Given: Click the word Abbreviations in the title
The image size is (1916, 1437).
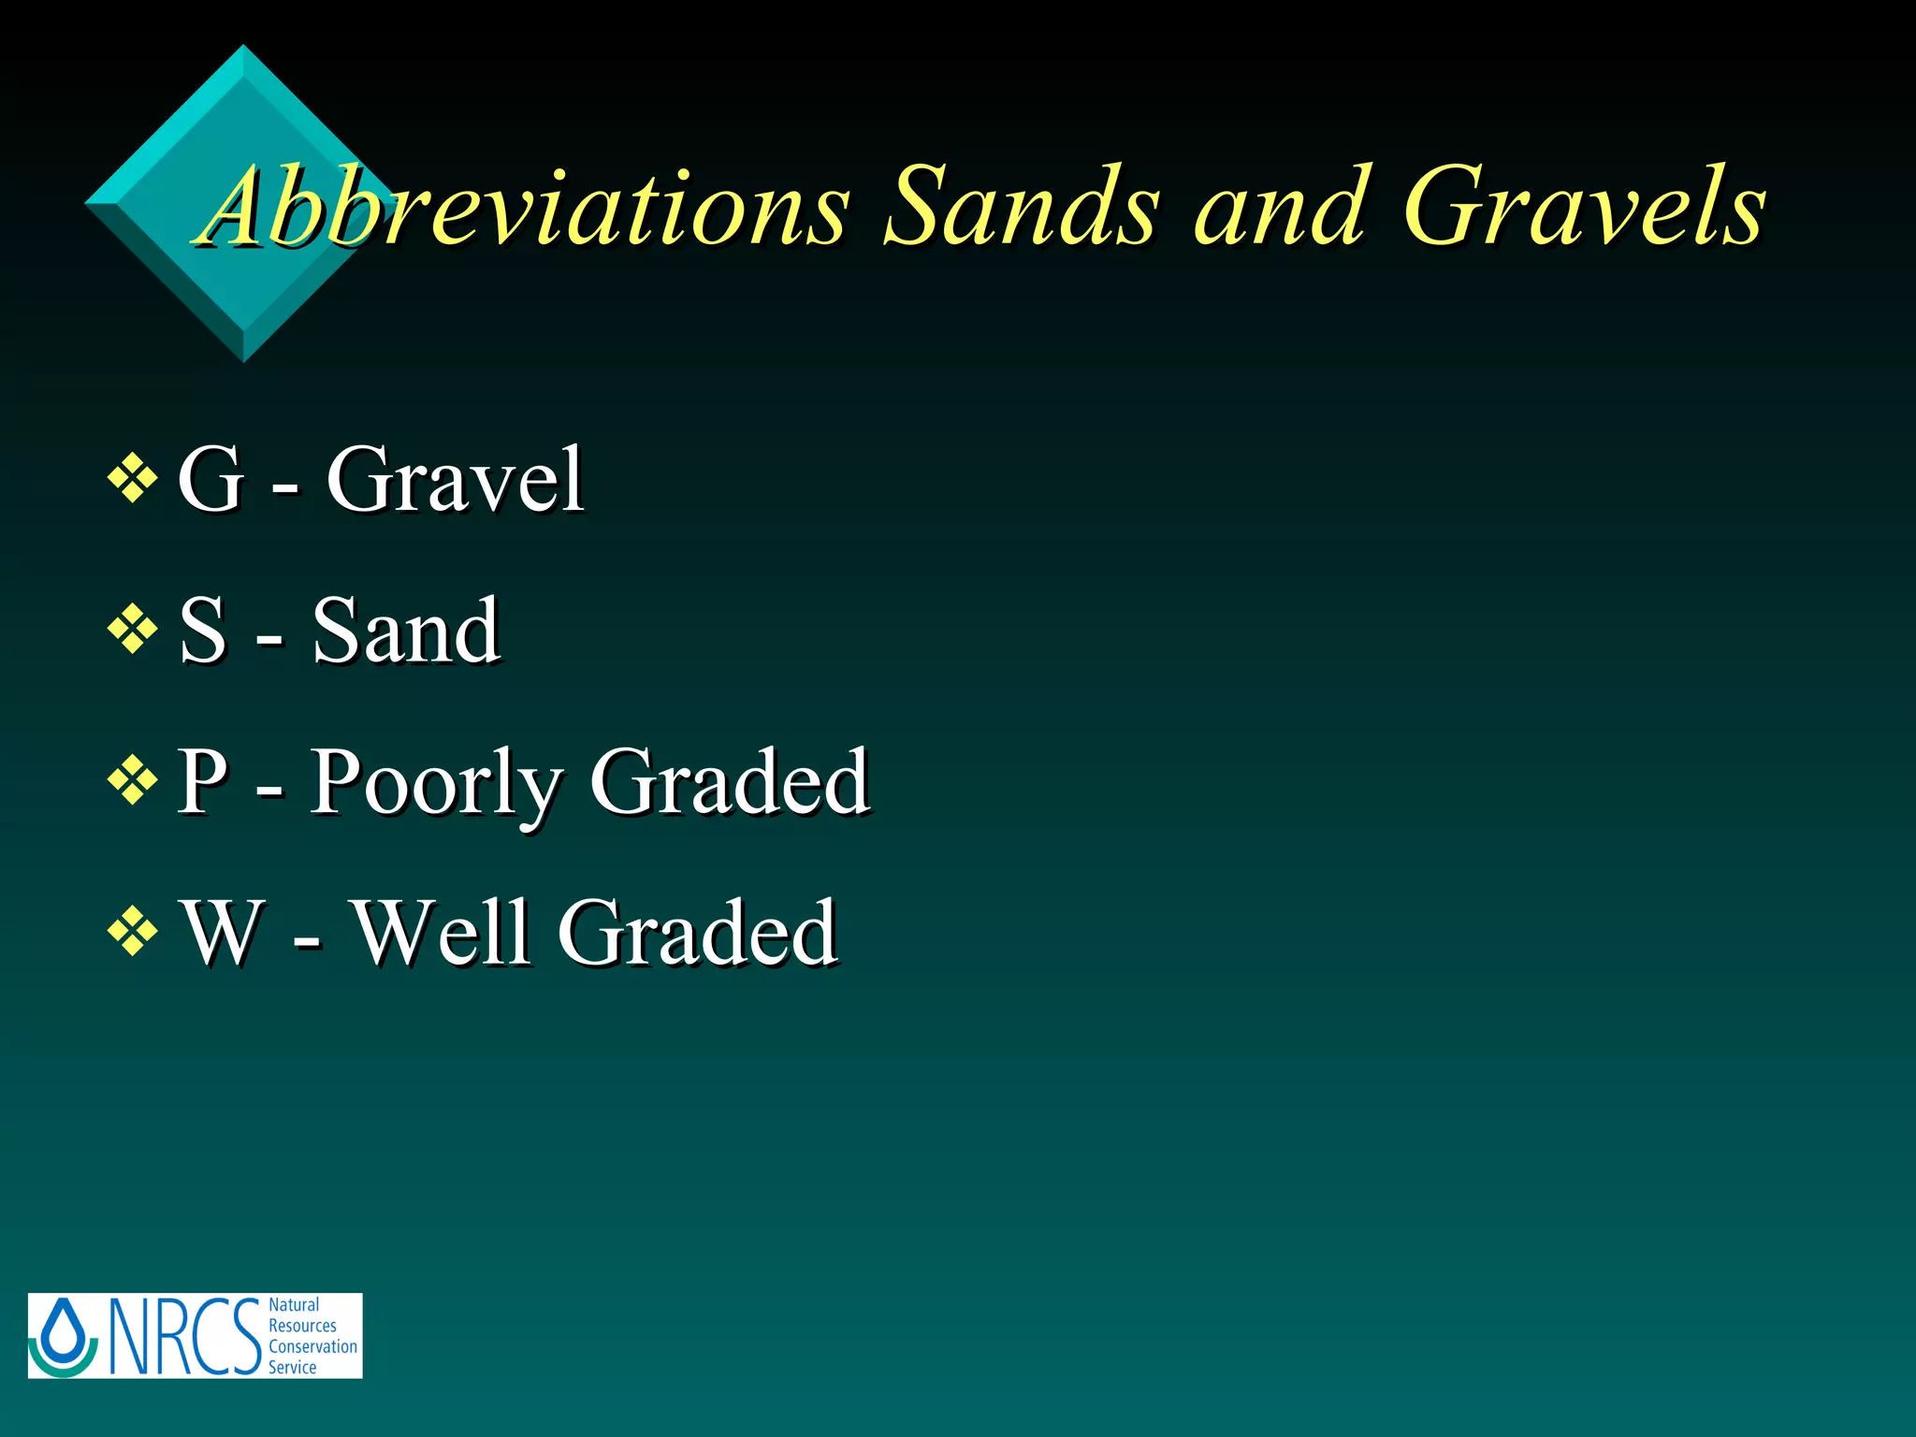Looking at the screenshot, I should (524, 208).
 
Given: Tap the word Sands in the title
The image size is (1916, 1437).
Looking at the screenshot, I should (1022, 208).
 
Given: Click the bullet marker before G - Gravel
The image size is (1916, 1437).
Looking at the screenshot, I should (132, 479).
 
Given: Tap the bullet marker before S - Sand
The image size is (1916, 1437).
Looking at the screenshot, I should (132, 630).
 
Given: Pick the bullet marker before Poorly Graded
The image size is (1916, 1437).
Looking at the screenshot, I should (132, 780).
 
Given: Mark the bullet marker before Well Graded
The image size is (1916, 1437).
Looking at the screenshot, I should (132, 931).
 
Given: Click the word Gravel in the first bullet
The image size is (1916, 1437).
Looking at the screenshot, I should (455, 479).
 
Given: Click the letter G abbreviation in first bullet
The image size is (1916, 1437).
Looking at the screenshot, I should (211, 479).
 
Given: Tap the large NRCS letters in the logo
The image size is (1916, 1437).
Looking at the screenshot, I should (183, 1336).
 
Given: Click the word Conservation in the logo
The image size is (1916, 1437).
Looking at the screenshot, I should (312, 1346).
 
